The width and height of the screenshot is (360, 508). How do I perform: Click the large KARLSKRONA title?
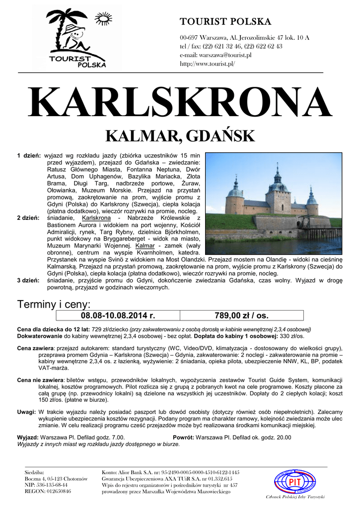(x=180, y=103)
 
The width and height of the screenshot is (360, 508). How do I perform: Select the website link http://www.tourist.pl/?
(x=208, y=64)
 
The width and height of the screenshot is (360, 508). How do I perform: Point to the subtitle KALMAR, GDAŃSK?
(x=180, y=136)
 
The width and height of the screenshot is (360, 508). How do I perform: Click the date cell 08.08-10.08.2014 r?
(x=118, y=316)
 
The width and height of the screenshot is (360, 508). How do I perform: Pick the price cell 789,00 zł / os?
(x=241, y=316)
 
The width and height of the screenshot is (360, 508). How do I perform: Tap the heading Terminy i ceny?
(x=54, y=304)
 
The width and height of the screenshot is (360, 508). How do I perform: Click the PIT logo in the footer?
(x=295, y=481)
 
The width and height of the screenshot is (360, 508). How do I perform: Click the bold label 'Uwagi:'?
(x=26, y=412)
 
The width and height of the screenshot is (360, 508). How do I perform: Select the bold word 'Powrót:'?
(x=183, y=438)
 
